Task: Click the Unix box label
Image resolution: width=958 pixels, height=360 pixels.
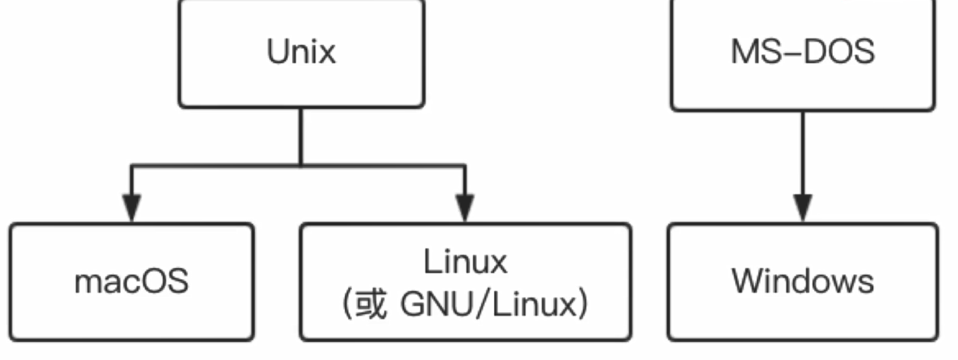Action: tap(302, 51)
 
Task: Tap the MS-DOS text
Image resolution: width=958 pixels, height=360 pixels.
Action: tap(803, 51)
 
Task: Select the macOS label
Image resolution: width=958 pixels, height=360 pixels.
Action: tap(132, 281)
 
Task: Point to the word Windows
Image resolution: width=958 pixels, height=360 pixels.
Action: tap(803, 281)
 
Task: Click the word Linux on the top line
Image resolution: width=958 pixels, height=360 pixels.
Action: tap(465, 261)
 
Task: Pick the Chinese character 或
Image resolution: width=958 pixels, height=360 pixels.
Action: tap(371, 304)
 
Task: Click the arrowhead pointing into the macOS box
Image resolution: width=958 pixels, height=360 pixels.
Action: tap(132, 208)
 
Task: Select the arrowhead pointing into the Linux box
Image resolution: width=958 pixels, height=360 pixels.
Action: tap(465, 208)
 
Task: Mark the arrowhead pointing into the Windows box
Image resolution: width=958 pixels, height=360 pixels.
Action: tap(803, 208)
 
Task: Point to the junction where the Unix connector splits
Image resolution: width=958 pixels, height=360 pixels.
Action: tap(301, 166)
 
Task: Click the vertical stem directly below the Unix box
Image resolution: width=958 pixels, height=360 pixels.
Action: tap(301, 136)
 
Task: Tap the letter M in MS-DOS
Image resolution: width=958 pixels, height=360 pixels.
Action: tap(743, 51)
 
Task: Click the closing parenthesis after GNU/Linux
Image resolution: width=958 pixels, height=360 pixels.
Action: tap(583, 304)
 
